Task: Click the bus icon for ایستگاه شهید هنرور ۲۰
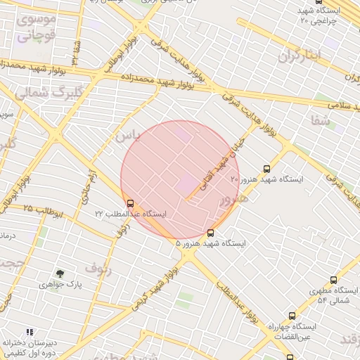[266, 169]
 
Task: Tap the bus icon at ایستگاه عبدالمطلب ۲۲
[129, 203]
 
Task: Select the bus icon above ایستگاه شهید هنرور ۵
[211, 233]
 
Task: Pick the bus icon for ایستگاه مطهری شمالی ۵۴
[333, 280]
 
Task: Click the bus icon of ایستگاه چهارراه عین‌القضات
[292, 316]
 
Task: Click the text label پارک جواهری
[60, 285]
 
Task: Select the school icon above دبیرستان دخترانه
[30, 331]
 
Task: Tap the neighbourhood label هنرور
[234, 199]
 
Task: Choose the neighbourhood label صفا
[322, 120]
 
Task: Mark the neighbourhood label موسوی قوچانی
[34, 28]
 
